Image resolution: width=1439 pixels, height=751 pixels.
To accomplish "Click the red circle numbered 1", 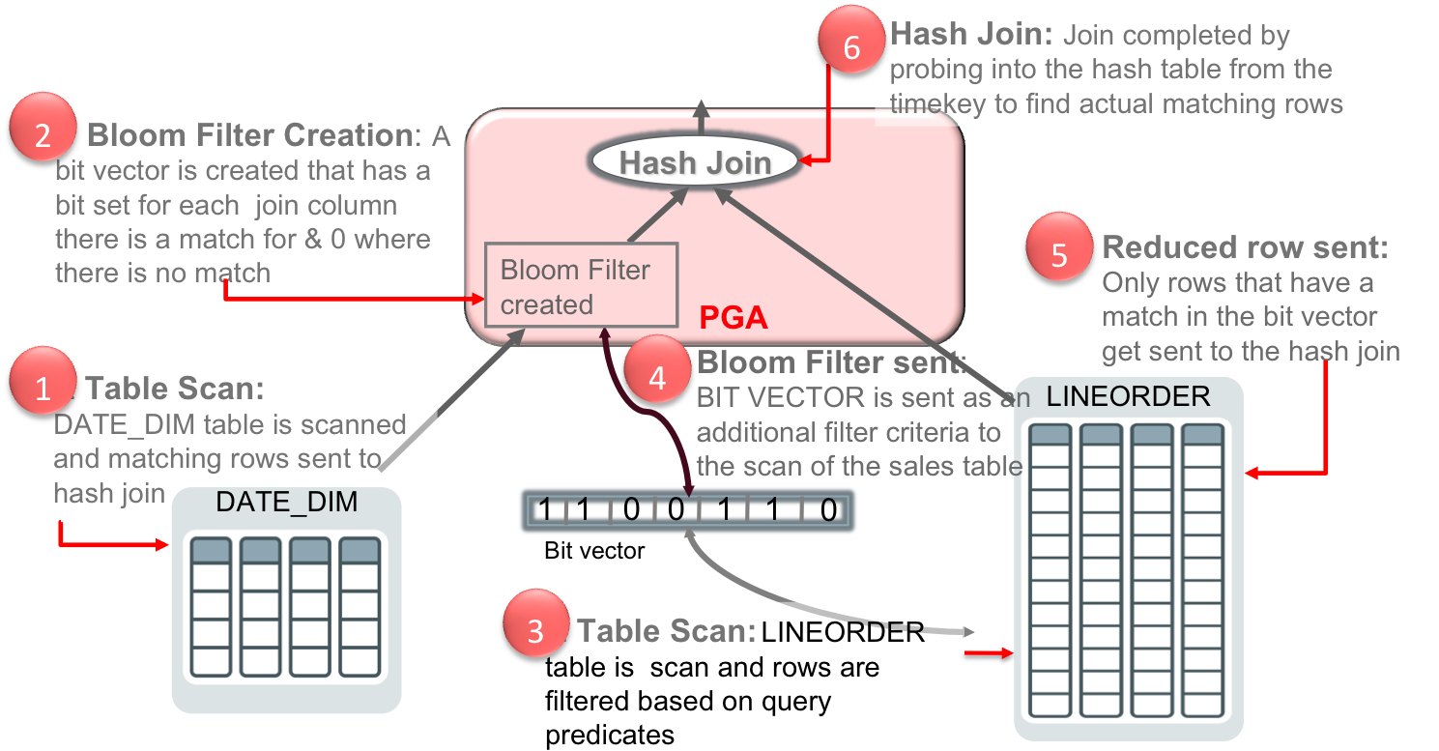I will point(42,388).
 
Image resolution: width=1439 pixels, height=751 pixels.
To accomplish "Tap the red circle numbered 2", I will point(42,133).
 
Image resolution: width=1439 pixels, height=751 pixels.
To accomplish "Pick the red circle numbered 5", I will point(1058,254).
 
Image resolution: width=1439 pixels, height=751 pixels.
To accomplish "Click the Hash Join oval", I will point(695,162).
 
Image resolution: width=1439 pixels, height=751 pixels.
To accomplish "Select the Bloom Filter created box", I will point(580,286).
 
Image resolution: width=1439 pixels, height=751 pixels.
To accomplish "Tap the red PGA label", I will point(734,317).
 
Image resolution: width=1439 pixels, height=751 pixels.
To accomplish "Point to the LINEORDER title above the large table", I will point(1128,396).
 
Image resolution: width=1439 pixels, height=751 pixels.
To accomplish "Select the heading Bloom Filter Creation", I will point(249,135).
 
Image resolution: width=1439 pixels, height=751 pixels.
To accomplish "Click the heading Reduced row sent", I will point(1245,247).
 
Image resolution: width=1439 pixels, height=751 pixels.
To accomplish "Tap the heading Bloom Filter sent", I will point(830,362).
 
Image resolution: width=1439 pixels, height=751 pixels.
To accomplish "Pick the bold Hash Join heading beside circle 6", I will point(970,36).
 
